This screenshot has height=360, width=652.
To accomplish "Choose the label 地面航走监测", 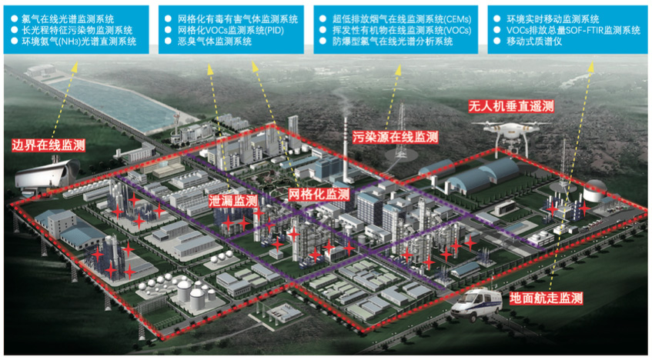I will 546,298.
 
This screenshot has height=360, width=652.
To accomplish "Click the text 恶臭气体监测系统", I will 215,42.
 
